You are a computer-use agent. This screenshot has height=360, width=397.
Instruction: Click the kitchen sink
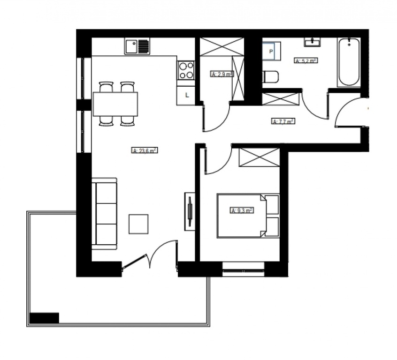(137, 46)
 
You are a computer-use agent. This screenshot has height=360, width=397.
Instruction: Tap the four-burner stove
(186, 70)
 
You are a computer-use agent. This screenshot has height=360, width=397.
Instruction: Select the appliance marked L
(186, 95)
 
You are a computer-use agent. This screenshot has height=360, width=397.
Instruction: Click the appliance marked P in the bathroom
(271, 51)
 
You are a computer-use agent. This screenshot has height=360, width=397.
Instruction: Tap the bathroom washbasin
(313, 43)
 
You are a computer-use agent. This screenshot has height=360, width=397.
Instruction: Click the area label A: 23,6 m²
(144, 151)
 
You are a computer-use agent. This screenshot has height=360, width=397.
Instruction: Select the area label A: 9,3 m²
(242, 210)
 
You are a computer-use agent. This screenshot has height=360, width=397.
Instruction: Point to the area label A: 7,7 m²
(283, 121)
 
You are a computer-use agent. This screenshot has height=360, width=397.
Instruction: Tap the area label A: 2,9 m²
(221, 74)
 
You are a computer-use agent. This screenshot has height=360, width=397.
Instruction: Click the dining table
(115, 104)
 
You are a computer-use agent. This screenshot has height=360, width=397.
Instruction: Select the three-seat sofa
(104, 213)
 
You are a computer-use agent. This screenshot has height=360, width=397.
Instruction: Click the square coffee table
(138, 224)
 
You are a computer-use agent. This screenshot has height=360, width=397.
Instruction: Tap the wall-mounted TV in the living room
(190, 211)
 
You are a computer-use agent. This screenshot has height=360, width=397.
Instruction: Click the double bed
(248, 216)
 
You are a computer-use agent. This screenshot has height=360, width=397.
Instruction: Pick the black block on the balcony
(44, 318)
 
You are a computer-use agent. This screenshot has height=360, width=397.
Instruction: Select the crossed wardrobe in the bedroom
(259, 157)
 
